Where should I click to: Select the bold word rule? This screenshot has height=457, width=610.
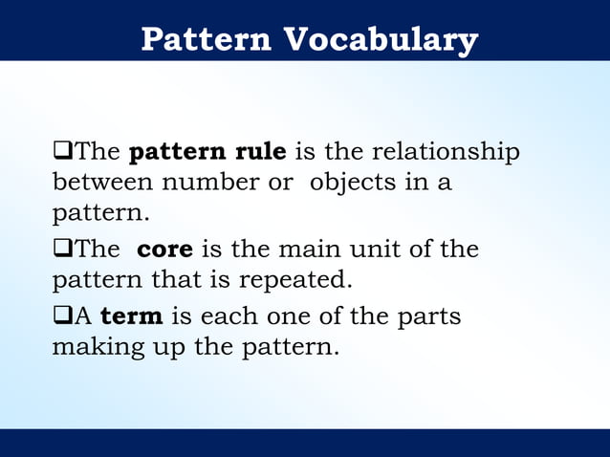260,152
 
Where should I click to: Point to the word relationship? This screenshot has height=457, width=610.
445,152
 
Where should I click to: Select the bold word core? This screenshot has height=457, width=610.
165,250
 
